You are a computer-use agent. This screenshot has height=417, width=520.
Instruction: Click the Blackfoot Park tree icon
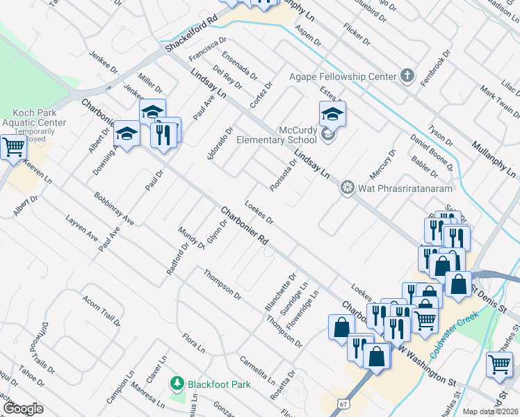coord(178,382)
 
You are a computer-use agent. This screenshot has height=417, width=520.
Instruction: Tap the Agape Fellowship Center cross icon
coord(407,76)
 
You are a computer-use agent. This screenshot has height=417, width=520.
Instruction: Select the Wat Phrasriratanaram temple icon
coord(346,188)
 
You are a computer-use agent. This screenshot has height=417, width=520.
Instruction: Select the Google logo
coord(23,409)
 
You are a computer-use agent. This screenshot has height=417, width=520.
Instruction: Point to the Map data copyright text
coord(490,411)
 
